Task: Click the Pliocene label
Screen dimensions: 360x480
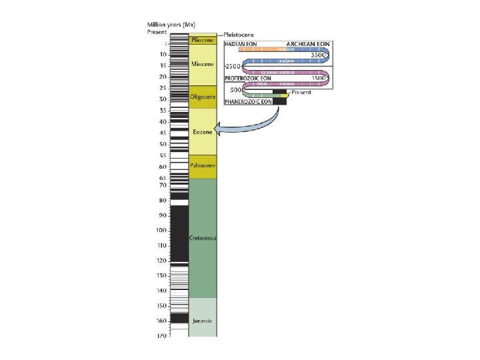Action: click(x=203, y=40)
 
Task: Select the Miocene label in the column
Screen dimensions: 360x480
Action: click(x=203, y=64)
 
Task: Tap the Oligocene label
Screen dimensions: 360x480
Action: click(x=203, y=97)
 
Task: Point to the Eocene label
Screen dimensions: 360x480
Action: click(x=203, y=132)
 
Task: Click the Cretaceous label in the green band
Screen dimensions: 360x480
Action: click(x=203, y=238)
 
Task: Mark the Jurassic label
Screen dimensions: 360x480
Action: click(x=203, y=321)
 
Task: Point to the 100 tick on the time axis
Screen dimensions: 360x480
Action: click(x=161, y=231)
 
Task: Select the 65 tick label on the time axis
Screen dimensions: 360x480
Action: click(x=163, y=178)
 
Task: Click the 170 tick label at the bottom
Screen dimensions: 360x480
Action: click(x=161, y=336)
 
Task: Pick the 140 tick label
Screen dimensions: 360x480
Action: click(x=161, y=291)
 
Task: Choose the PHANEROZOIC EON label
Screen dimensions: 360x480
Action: click(x=248, y=102)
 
